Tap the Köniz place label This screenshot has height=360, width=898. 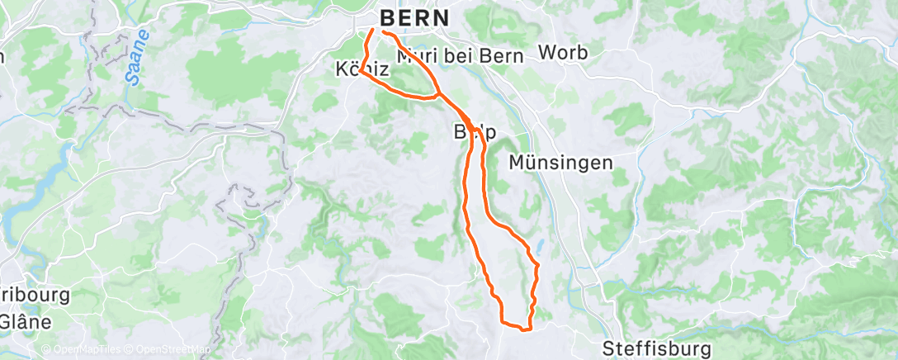362,69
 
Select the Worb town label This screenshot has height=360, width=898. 563,53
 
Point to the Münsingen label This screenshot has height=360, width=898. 560,162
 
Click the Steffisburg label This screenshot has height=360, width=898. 657,346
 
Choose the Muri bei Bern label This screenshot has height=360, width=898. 461,57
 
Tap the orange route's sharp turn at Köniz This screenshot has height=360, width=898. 361,72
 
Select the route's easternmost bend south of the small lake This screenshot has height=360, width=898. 538,266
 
